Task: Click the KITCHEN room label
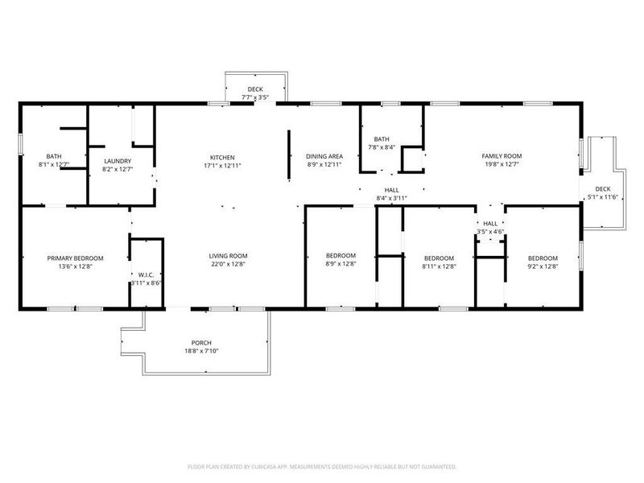221,157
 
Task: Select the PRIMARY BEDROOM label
75,258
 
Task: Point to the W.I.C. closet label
147,275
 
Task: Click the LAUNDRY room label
117,161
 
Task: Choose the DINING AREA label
325,156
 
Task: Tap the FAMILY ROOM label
502,156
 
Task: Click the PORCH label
201,343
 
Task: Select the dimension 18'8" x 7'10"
201,351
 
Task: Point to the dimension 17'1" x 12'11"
221,165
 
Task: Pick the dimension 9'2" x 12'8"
543,266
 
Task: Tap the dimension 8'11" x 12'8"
440,266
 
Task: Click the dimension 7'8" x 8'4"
382,147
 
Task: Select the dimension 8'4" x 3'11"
392,198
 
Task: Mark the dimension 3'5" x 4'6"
489,232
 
